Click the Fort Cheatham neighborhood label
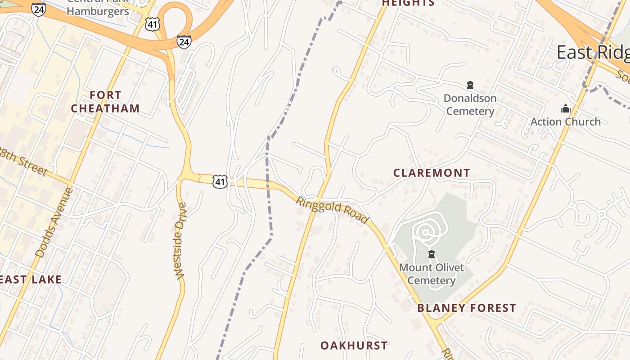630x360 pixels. (105, 102)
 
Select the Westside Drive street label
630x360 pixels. (180, 241)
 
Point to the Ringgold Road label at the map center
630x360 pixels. (332, 209)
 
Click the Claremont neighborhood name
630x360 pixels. (432, 173)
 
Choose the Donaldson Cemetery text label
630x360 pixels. (470, 104)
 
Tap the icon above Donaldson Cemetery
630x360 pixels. (470, 85)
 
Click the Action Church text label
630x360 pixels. (565, 121)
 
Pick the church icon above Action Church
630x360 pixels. (566, 108)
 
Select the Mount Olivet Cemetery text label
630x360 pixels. (431, 274)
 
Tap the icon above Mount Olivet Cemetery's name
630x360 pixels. (432, 255)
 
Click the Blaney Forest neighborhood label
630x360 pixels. (466, 308)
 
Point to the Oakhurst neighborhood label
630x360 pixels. (354, 346)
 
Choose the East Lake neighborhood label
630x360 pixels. (31, 279)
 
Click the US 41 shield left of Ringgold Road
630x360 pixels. (220, 181)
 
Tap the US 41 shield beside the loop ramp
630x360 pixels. (153, 24)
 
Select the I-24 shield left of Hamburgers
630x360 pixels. (39, 9)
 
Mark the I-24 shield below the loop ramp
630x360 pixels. (184, 42)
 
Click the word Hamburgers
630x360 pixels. (98, 11)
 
